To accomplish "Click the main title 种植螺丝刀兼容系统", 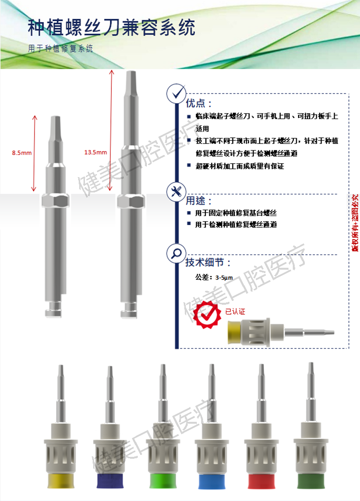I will tap(111, 28).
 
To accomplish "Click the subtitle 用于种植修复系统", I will tap(60, 49).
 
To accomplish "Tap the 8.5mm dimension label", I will tap(22, 153).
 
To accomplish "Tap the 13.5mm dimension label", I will tap(96, 152).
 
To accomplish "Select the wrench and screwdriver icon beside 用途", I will tap(176, 192).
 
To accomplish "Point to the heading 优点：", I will tap(198, 104).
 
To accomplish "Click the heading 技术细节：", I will tap(208, 262).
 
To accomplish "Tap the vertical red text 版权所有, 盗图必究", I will tap(355, 223).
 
